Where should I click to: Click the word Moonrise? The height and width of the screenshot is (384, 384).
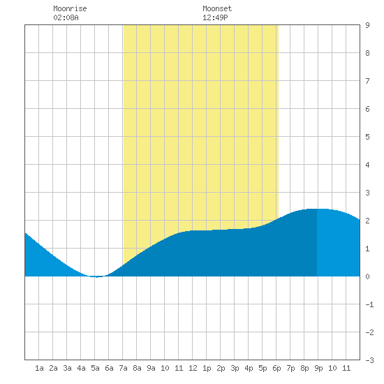[x=70, y=8]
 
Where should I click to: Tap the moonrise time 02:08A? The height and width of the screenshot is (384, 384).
[x=66, y=17]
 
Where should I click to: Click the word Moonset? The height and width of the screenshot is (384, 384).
[x=217, y=8]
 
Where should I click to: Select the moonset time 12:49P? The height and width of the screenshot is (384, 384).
[x=215, y=17]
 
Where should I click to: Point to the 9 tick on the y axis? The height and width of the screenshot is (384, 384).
[x=367, y=25]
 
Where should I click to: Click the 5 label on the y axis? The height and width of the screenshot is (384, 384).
[x=367, y=137]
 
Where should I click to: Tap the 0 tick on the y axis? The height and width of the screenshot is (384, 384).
[x=367, y=276]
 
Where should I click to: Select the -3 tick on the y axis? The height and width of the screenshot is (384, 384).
[x=369, y=360]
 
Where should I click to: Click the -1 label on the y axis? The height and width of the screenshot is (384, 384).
[x=369, y=304]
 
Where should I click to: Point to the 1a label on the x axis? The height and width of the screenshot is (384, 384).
[x=39, y=368]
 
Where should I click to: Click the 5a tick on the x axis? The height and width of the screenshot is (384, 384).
[x=95, y=368]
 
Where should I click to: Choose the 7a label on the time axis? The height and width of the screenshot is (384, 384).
[x=123, y=368]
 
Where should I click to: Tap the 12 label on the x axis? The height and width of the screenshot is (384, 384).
[x=193, y=368]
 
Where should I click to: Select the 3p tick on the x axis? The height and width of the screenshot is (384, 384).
[x=235, y=368]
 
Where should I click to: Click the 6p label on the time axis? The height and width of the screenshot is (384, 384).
[x=276, y=368]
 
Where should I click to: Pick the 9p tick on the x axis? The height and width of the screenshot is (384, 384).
[x=318, y=368]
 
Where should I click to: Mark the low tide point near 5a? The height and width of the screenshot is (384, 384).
[x=97, y=277]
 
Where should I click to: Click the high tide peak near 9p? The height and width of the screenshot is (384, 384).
[x=317, y=209]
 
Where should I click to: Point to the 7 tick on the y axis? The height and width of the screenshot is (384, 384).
[x=367, y=81]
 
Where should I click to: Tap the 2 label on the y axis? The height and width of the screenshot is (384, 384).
[x=367, y=221]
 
